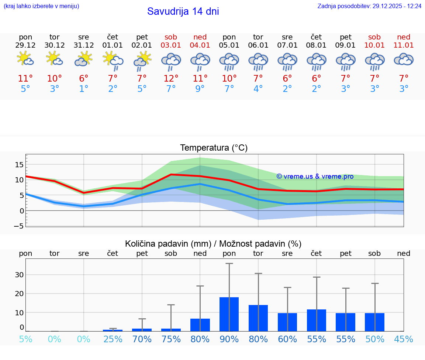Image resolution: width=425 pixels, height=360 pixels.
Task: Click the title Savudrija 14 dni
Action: [x=183, y=11]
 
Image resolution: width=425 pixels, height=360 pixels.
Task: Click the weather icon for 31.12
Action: [x=84, y=59]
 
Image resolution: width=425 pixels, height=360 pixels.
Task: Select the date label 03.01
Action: [x=171, y=45]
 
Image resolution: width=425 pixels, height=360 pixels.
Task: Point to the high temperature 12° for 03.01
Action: [x=171, y=78]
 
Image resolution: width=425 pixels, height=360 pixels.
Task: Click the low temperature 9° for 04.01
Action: [x=200, y=89]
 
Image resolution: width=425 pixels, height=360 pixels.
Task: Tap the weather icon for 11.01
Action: [x=404, y=59]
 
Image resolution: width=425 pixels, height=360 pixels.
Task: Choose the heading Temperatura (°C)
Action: [x=214, y=148]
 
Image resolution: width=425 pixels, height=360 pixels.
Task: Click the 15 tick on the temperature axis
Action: [x=20, y=164]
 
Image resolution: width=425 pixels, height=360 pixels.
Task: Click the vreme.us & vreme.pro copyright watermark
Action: [x=315, y=176]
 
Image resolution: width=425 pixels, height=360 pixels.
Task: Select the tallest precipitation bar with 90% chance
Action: [x=229, y=314]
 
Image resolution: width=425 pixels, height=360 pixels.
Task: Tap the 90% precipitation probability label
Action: [x=229, y=339]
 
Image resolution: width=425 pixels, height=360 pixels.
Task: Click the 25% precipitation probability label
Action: [x=113, y=339]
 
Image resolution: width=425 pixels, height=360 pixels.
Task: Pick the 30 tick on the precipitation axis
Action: [x=20, y=275]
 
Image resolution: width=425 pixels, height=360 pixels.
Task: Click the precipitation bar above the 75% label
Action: [x=171, y=330]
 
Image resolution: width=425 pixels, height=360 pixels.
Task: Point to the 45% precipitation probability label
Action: [x=404, y=339]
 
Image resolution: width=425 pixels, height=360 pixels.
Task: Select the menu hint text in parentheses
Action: [x=41, y=6]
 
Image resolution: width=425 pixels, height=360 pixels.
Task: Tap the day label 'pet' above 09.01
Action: [x=346, y=37]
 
